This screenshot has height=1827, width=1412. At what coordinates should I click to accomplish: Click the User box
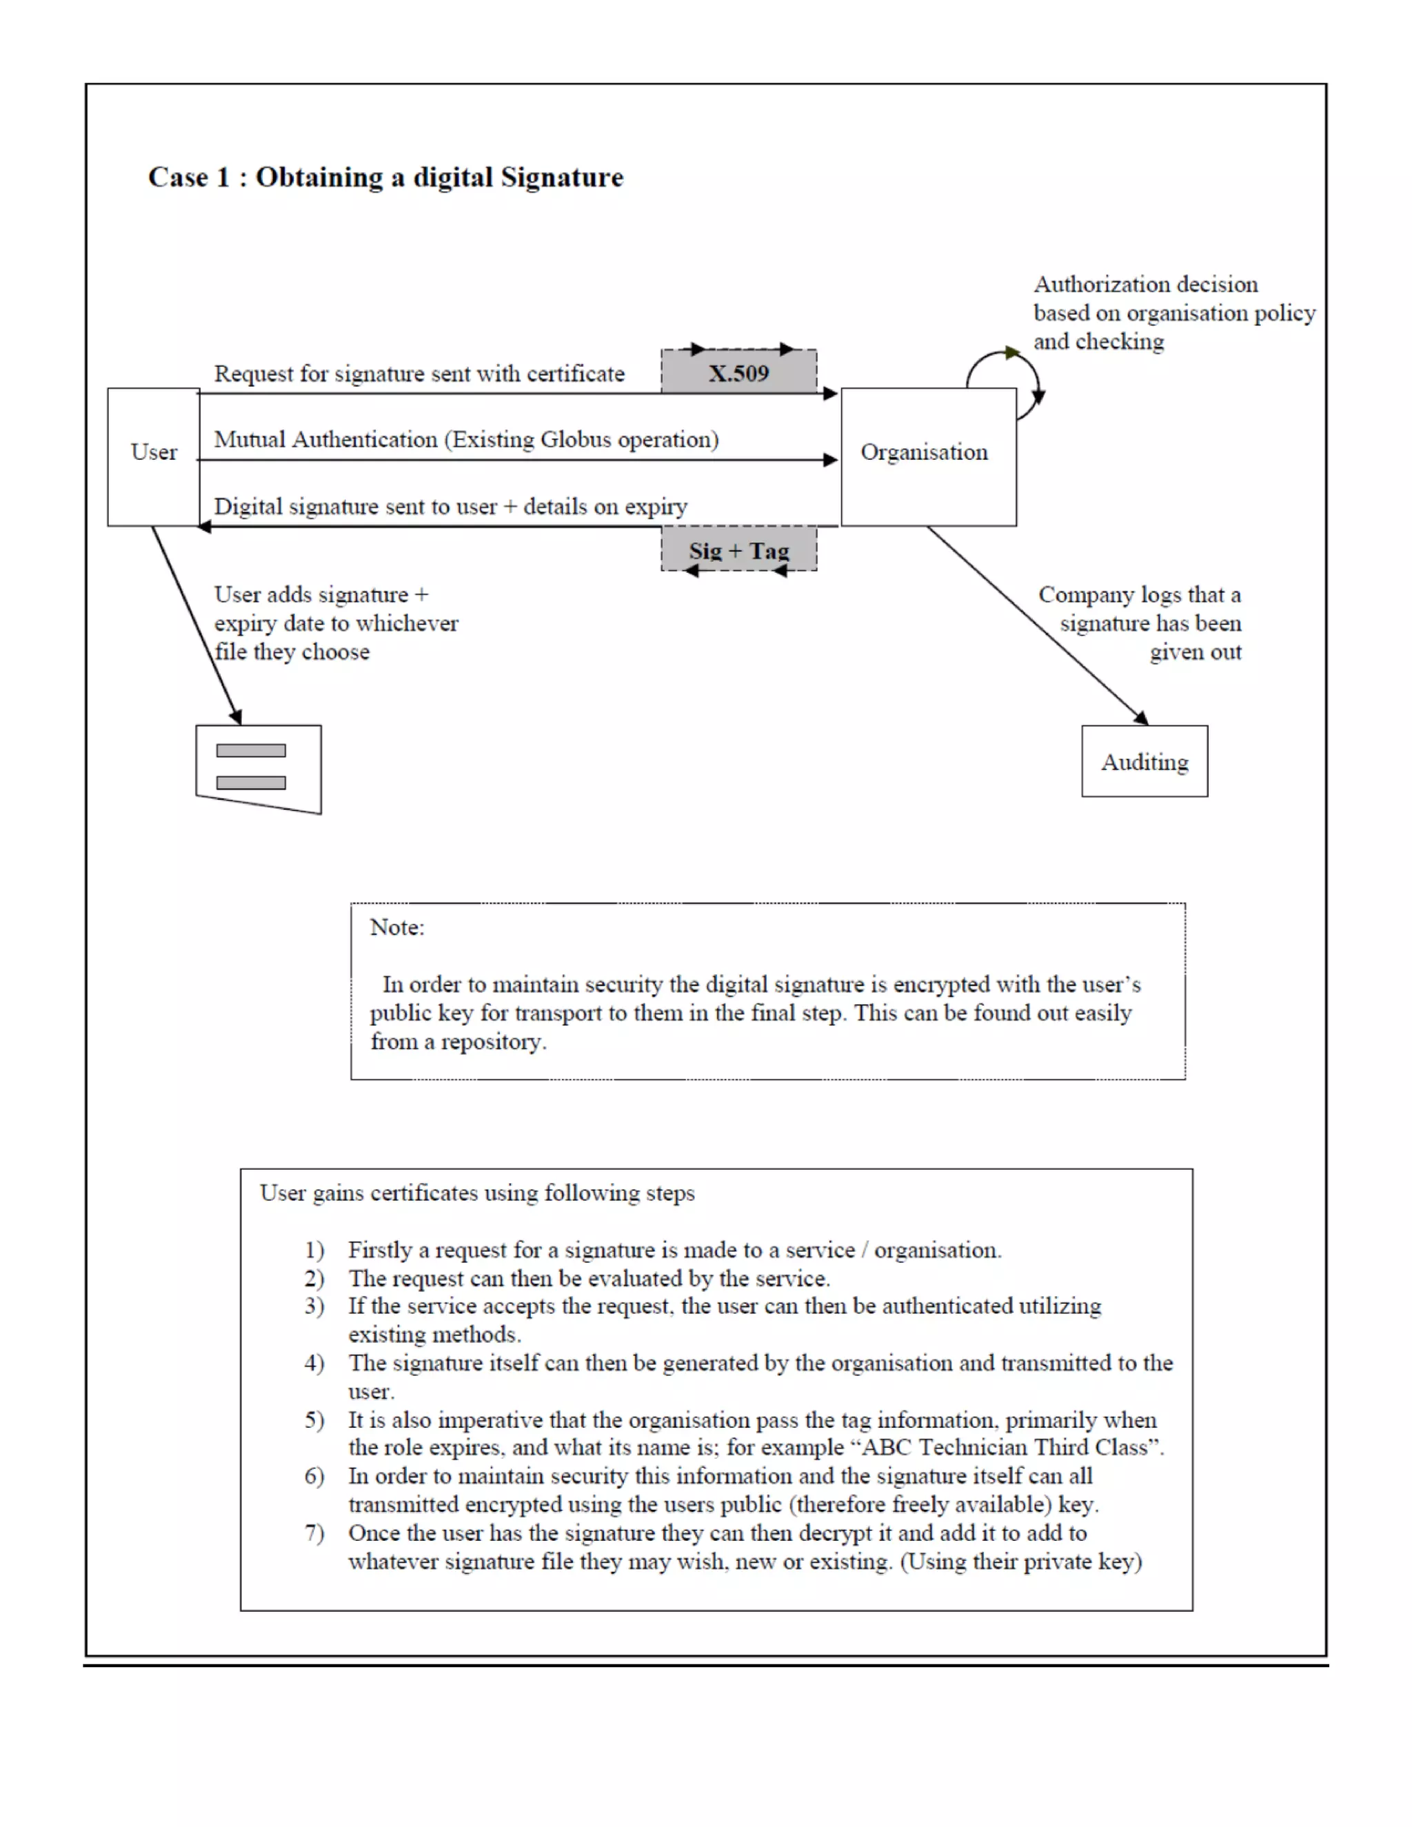[154, 456]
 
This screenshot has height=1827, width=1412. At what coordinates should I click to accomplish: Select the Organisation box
[928, 456]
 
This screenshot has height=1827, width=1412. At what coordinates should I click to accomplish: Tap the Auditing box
[1144, 761]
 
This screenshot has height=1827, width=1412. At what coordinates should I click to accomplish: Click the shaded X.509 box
[738, 372]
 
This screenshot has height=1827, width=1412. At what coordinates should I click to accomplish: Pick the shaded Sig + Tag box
[738, 549]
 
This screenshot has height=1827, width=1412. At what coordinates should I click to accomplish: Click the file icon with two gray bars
[258, 767]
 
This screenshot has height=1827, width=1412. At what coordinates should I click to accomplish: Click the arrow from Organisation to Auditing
[1037, 626]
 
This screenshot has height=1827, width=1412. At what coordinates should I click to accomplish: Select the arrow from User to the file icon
[196, 626]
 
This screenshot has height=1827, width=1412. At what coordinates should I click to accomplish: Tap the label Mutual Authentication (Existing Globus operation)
[466, 439]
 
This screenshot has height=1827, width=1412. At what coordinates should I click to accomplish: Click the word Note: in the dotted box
[396, 927]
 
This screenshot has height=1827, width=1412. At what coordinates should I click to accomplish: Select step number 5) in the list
[314, 1420]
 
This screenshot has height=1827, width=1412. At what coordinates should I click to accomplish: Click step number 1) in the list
[314, 1250]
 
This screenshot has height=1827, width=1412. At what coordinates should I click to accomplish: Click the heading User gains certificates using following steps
[477, 1193]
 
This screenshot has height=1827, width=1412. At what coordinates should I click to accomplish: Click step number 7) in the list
[314, 1533]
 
